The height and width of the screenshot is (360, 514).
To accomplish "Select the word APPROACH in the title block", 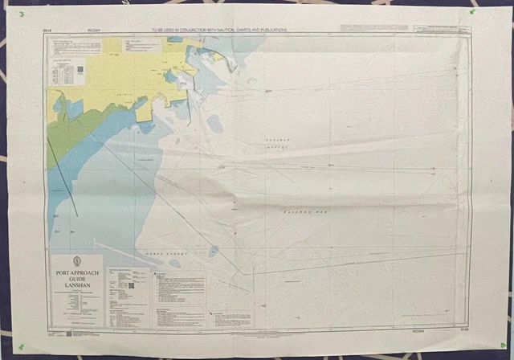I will (85, 272).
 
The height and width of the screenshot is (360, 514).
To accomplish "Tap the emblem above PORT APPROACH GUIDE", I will (75, 262).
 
